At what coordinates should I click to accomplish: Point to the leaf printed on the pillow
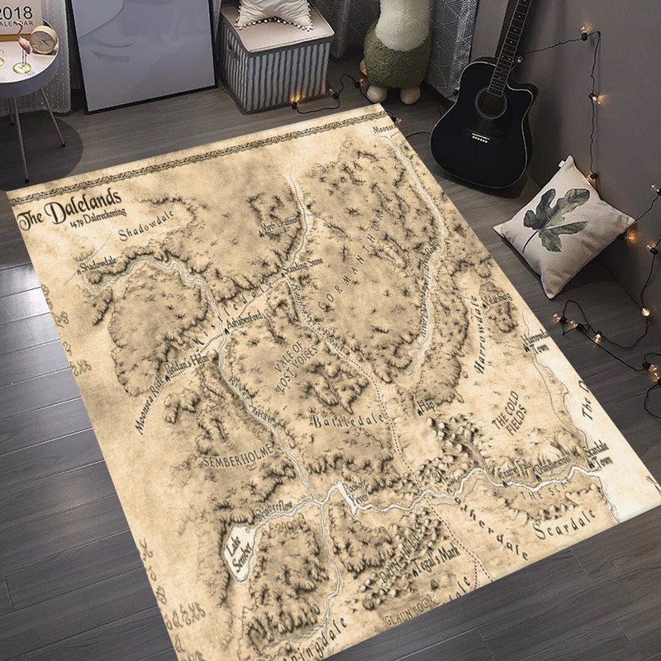tap(555, 215)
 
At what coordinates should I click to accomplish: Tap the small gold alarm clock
tap(42, 38)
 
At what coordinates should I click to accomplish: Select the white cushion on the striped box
tap(274, 12)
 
